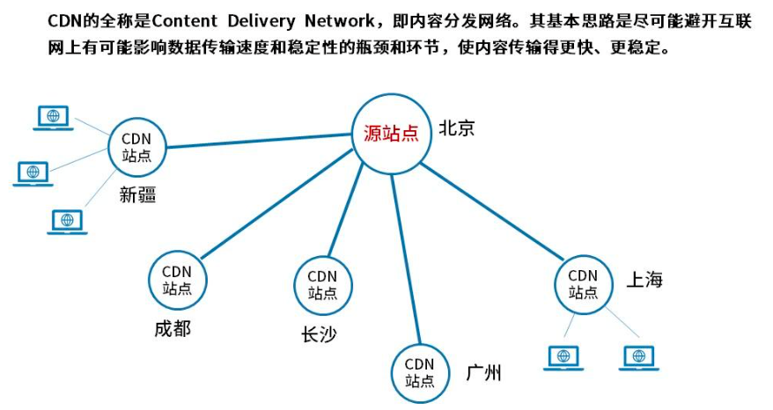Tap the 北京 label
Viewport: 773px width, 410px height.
pos(456,128)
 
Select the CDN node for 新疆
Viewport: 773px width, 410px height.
pos(136,147)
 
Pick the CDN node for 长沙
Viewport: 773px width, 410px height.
pos(322,284)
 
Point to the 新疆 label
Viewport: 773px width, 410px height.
pos(137,195)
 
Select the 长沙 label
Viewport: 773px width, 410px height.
pos(318,334)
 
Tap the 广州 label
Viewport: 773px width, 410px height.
pos(483,373)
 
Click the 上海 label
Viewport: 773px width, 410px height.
pos(644,280)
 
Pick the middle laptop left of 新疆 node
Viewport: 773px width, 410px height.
pos(33,172)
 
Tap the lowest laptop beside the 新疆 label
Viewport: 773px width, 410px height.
pos(67,221)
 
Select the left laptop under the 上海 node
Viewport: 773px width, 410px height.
pos(563,357)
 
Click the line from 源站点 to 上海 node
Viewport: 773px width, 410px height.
pos(493,211)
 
